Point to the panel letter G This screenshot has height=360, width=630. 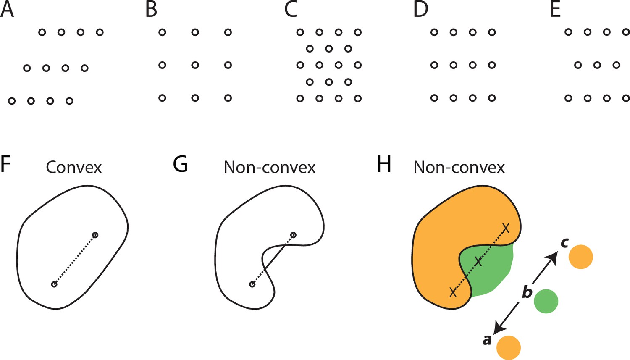point(180,164)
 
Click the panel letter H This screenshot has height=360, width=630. point(384,164)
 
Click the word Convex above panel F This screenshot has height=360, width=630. point(73,168)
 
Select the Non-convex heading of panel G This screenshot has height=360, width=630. point(270,168)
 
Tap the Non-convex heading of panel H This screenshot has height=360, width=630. point(459,168)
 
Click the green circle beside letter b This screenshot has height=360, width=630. point(546,301)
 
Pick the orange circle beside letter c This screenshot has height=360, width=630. point(581,257)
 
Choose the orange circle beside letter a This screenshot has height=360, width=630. point(509,348)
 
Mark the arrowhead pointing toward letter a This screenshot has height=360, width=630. point(499,328)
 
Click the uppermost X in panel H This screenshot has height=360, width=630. point(506,229)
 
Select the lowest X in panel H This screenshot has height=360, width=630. point(453,292)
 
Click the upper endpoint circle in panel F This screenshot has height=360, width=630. point(95,235)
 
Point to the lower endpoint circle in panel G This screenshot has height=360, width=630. point(252,284)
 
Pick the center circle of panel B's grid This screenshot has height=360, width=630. point(195,65)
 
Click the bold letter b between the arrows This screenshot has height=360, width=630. point(528,292)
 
